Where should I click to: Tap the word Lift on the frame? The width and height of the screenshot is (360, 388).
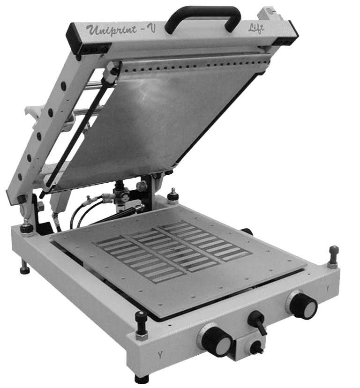[256, 28]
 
